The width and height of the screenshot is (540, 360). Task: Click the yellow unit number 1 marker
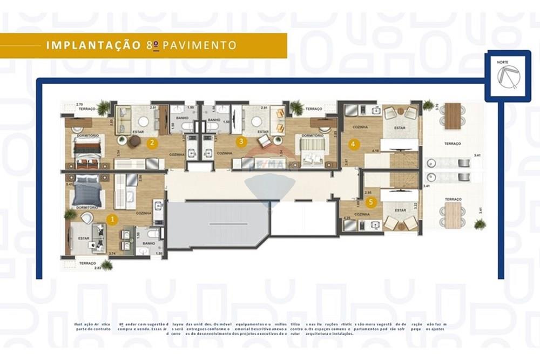112,219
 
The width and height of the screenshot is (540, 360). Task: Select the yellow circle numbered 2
153,143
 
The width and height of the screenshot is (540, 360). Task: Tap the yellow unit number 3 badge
241,142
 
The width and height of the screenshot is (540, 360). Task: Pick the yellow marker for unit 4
353,144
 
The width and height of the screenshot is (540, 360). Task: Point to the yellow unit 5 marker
370,202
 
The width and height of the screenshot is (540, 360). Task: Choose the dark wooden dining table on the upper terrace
453,116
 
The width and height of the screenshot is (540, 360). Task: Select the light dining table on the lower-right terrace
452,215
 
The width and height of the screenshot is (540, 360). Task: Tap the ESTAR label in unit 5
400,210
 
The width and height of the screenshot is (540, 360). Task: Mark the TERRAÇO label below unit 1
86,263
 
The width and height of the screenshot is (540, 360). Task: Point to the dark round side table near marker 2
134,141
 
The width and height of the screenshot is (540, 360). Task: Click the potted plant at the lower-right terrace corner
480,224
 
